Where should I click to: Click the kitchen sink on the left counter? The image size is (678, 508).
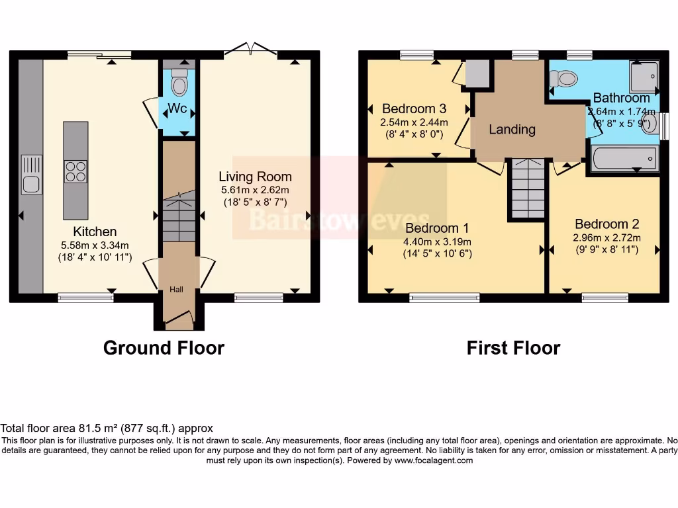point(31,175)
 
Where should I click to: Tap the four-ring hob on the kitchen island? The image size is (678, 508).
point(75,171)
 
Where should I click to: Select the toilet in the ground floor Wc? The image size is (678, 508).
point(179,85)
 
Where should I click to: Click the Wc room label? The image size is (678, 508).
point(177,108)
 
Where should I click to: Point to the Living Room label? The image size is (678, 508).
point(256,177)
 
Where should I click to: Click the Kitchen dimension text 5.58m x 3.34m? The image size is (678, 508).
point(95,245)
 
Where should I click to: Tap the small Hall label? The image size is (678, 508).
point(176,290)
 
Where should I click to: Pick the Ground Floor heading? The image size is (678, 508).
point(164,347)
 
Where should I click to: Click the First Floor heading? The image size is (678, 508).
point(513,347)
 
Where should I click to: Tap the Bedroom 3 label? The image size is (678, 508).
point(414,108)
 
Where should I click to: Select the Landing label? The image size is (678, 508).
point(512,129)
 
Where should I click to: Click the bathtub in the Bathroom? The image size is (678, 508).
point(624,159)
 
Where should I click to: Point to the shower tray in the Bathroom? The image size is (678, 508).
point(644,77)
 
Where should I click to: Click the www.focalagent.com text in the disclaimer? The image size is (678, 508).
point(433,460)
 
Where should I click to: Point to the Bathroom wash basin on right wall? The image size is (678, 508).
point(652,124)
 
